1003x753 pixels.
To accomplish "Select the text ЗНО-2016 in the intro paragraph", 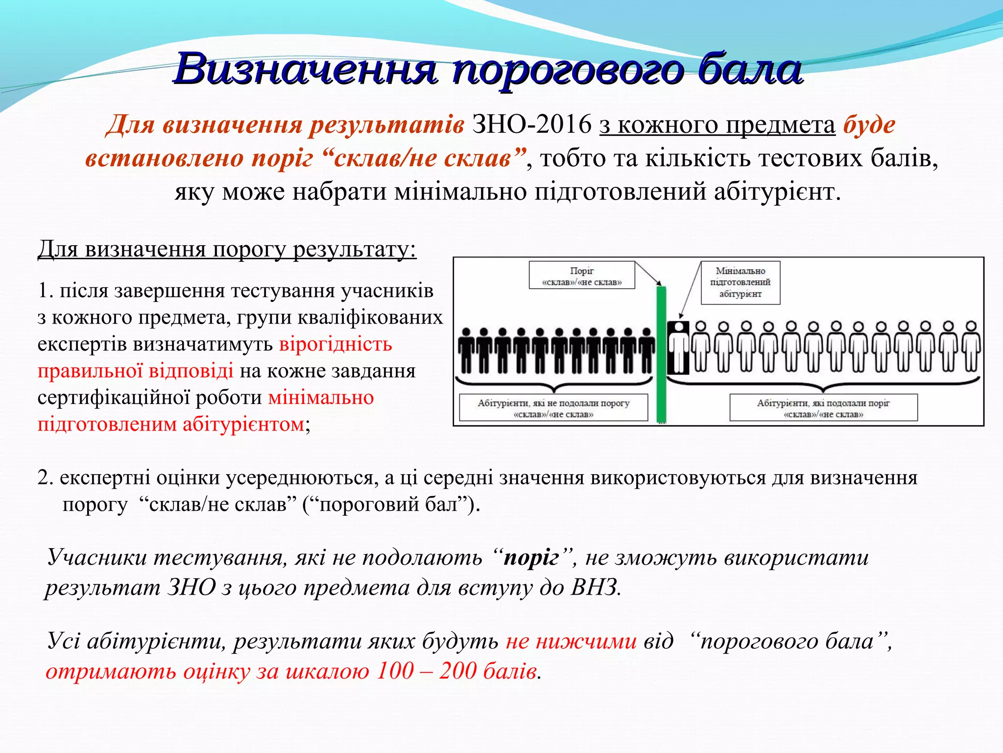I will tap(531, 125).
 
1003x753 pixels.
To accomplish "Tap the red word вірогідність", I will tap(335, 344).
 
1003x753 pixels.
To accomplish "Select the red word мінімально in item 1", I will tap(321, 398).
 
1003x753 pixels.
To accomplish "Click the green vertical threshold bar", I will tap(661, 353).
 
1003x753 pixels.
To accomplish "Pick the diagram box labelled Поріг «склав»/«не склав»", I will tap(582, 276).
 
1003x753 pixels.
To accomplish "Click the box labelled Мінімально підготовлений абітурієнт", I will tap(740, 282).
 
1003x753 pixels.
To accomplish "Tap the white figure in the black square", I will tap(678, 347).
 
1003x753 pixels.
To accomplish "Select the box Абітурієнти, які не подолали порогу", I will tap(553, 408).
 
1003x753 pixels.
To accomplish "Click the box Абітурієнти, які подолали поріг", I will tap(823, 408).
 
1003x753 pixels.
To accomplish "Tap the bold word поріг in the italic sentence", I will tap(531, 558).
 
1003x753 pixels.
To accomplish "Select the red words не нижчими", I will tap(571, 641).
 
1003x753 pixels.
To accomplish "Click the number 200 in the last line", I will tap(457, 671).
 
